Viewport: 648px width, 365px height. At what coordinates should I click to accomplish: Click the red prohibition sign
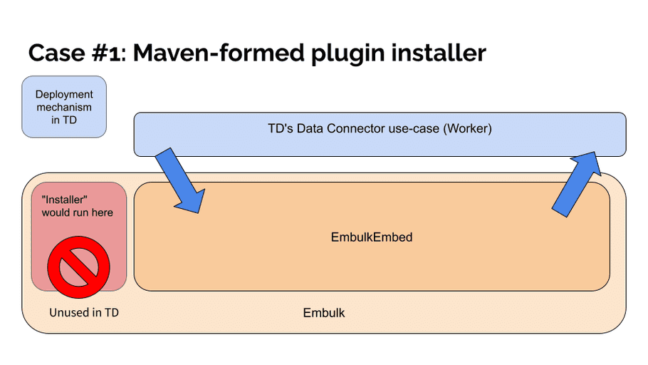pos(78,267)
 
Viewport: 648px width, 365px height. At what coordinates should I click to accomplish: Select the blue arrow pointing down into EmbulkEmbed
pos(180,181)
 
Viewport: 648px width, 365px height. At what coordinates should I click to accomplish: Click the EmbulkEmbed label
pos(372,237)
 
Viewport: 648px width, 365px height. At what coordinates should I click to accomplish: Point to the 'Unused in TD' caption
pos(84,312)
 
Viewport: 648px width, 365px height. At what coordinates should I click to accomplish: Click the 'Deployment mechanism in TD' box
pos(64,107)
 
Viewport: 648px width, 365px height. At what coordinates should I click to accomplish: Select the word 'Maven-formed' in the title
pos(218,53)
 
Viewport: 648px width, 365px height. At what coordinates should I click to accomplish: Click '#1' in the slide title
pos(106,53)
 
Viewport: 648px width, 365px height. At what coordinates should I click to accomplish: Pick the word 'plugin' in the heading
pos(347,54)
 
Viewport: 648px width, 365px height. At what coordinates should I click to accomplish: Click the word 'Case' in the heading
pos(57,53)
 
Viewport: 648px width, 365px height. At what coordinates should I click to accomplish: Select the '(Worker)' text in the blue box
pos(467,128)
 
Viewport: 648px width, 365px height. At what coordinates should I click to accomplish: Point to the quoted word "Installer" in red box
pos(65,200)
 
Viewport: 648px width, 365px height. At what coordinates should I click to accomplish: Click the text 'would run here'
pos(78,212)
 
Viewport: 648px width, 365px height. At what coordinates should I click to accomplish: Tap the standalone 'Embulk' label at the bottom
pos(323,313)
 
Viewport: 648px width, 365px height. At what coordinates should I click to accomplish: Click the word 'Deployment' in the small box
pos(64,95)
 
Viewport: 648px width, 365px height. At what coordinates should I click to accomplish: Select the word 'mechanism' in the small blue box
pos(64,107)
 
